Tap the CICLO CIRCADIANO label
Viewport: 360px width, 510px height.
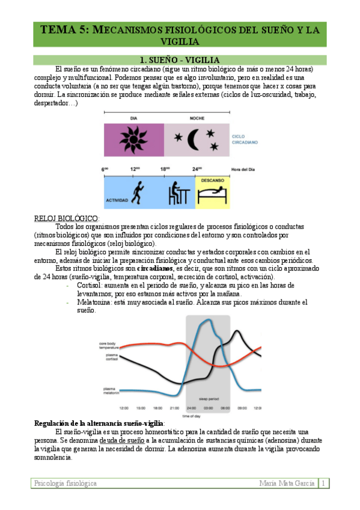[245, 140]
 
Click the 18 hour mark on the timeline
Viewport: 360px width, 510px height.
[165, 169]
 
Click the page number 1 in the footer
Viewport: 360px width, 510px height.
[324, 484]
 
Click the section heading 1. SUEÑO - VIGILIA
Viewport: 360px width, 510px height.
[179, 60]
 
